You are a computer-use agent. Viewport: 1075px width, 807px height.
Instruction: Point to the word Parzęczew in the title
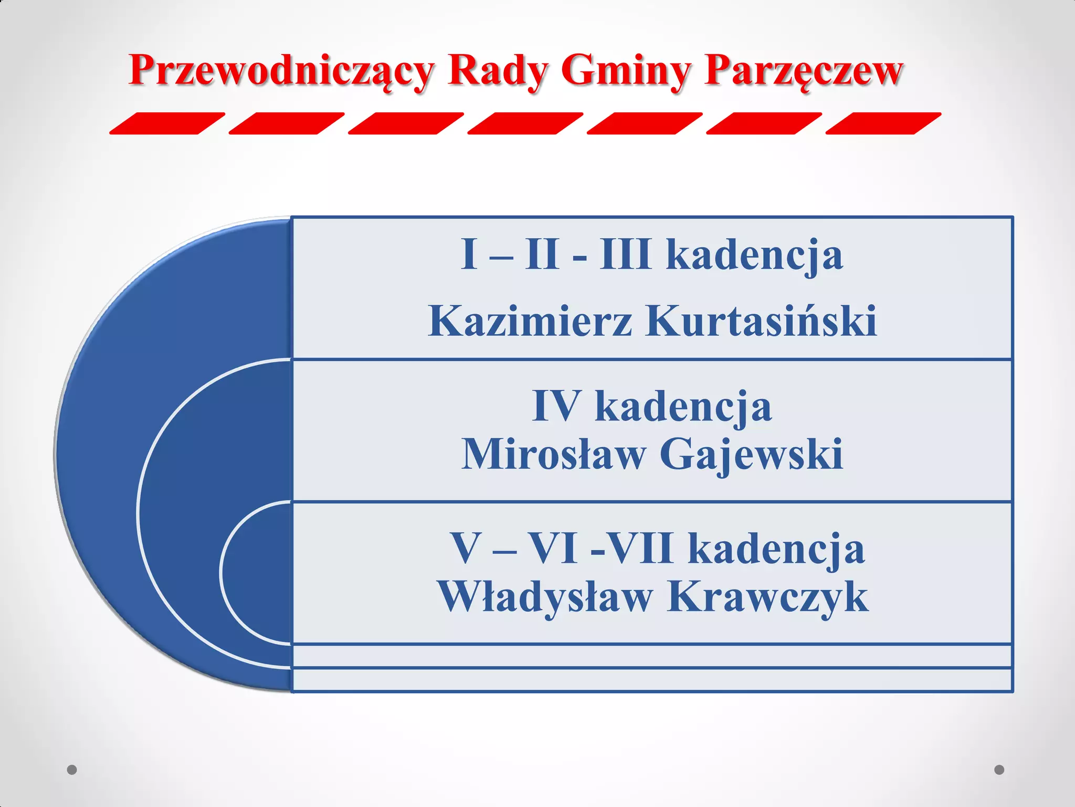tap(803, 70)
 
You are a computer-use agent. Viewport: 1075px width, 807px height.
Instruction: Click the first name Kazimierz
tap(530, 321)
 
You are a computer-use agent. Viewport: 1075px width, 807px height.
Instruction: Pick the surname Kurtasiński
tap(761, 321)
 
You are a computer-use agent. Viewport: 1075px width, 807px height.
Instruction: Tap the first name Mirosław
tap(554, 454)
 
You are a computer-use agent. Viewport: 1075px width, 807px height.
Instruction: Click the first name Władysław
tap(546, 597)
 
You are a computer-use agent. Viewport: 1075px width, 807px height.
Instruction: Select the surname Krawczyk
tap(767, 597)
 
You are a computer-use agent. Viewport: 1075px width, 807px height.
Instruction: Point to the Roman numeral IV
tap(556, 406)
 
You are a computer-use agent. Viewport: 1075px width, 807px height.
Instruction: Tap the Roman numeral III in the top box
tap(625, 255)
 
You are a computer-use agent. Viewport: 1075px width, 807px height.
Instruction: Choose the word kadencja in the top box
tap(754, 255)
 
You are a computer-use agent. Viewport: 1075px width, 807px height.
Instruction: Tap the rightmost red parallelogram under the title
tap(883, 123)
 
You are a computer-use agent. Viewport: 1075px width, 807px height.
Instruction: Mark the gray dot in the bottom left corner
tap(72, 770)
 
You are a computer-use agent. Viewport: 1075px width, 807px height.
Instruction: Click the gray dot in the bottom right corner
tap(999, 770)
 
